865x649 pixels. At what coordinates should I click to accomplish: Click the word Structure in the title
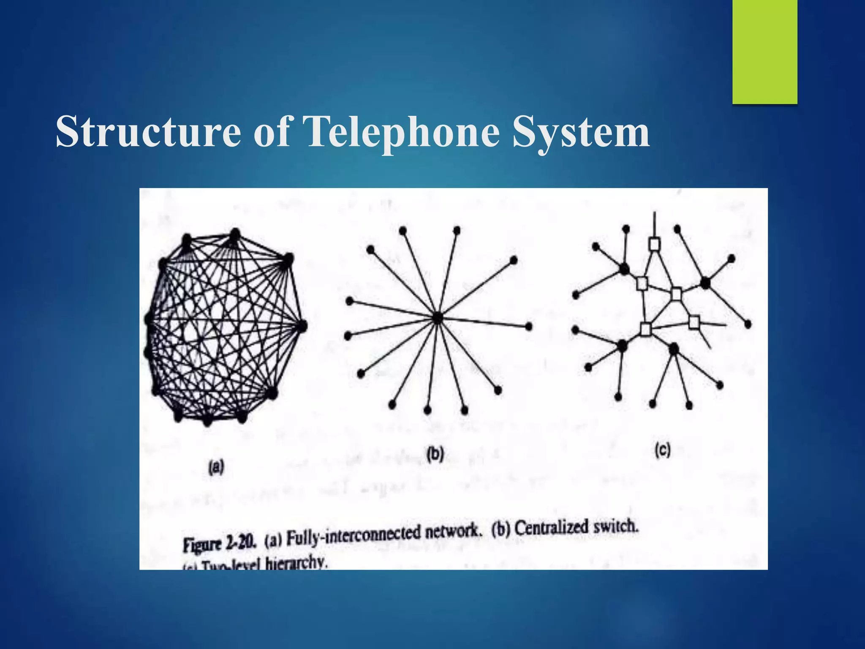coord(148,132)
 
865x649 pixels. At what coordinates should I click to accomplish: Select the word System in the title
coord(581,132)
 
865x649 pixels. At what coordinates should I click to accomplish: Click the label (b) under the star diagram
coord(435,454)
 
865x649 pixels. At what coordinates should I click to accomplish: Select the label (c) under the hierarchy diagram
coord(662,450)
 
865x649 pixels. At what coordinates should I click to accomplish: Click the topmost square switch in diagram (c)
coord(654,244)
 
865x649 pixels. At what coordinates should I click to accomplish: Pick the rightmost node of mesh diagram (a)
coord(302,326)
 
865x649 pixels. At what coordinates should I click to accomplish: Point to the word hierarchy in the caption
coord(296,564)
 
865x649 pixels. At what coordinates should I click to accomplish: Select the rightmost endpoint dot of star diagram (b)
coord(529,326)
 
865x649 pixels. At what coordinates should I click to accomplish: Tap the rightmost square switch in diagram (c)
coord(694,322)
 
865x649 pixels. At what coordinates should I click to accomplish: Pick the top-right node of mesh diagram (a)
coord(288,259)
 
